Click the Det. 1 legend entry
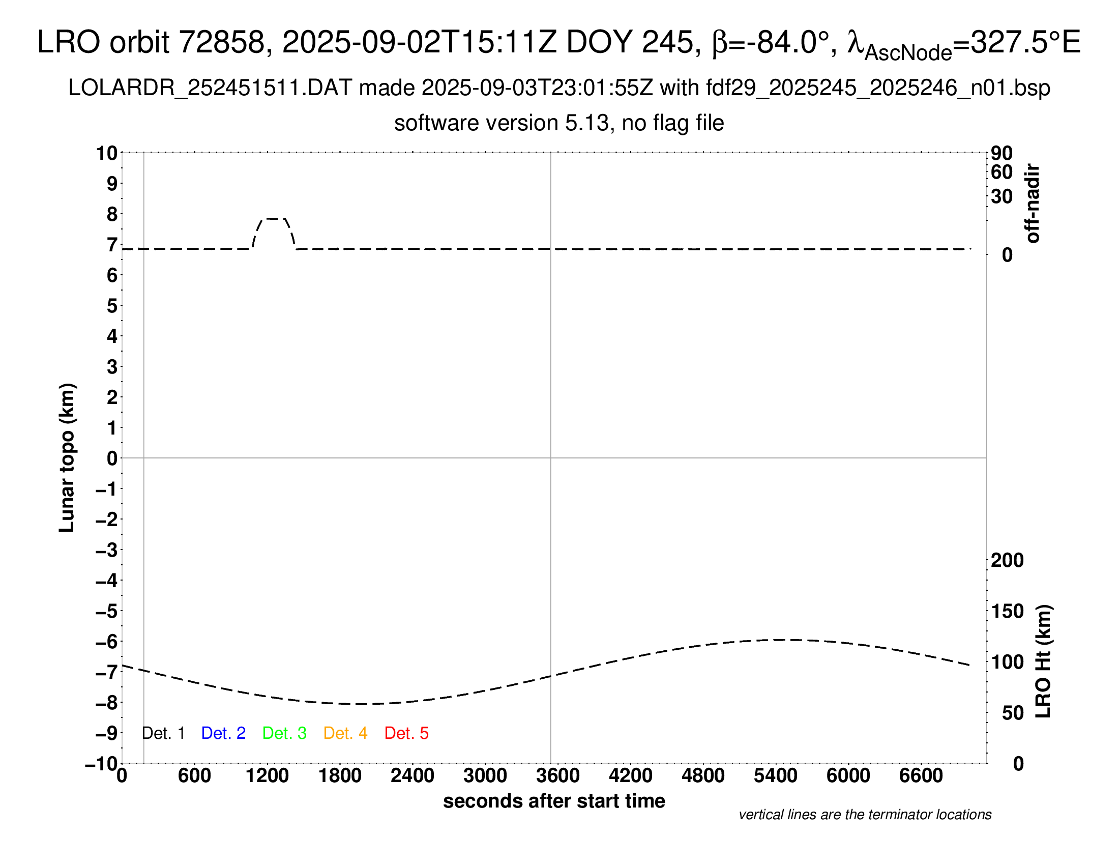(x=163, y=733)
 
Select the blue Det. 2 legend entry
(x=223, y=733)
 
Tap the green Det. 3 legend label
(x=284, y=733)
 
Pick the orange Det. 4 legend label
(x=345, y=733)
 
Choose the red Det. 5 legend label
(x=406, y=733)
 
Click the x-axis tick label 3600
(x=558, y=776)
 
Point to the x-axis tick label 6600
(x=921, y=776)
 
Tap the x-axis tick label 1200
(x=267, y=776)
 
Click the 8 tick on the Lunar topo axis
(x=112, y=214)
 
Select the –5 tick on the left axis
(x=107, y=611)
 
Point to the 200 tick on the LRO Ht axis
(x=1007, y=560)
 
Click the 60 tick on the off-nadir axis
(x=1002, y=172)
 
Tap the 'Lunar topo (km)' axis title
(x=67, y=457)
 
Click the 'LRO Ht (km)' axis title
(x=1043, y=661)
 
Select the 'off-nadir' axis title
(x=1033, y=203)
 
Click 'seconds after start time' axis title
(x=554, y=801)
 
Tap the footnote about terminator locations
(x=865, y=815)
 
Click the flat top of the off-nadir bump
(x=273, y=219)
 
